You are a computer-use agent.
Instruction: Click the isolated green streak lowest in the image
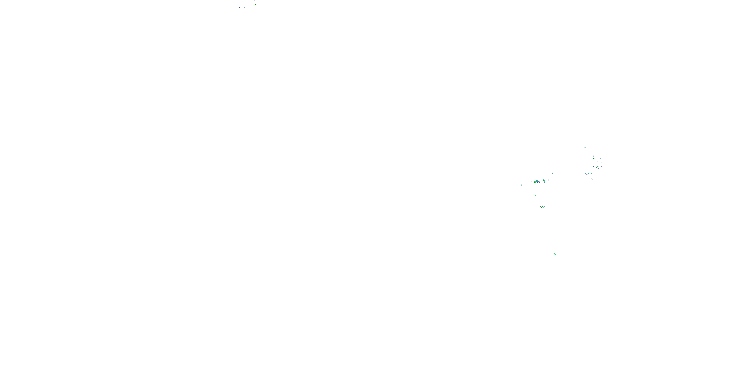pos(555,254)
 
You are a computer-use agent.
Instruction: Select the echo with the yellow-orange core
pos(594,158)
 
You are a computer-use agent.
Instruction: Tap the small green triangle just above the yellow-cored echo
pos(593,156)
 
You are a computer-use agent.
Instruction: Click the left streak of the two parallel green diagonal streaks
pos(541,207)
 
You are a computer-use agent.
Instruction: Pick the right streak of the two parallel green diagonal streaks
pos(543,207)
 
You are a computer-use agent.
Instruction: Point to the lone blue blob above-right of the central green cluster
pos(553,173)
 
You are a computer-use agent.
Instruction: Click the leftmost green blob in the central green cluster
pos(535,182)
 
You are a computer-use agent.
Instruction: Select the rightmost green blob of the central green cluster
pos(544,180)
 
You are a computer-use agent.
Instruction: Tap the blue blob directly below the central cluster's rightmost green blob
pos(545,182)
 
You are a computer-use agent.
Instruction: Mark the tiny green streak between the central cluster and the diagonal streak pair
pos(536,195)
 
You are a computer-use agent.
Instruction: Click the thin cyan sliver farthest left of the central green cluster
pos(522,186)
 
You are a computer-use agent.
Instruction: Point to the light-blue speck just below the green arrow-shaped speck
pos(253,12)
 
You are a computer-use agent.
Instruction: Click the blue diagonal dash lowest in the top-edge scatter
pos(242,37)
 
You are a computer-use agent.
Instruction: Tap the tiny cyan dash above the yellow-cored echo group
pos(585,148)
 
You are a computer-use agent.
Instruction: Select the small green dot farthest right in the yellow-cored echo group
pos(607,165)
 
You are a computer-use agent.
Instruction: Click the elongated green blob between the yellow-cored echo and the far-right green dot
pos(602,162)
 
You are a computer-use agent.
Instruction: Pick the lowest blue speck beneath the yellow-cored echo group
pos(592,179)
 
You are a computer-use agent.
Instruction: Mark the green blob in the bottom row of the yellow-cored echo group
pos(592,173)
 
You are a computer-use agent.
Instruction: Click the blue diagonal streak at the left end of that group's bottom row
pos(586,173)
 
